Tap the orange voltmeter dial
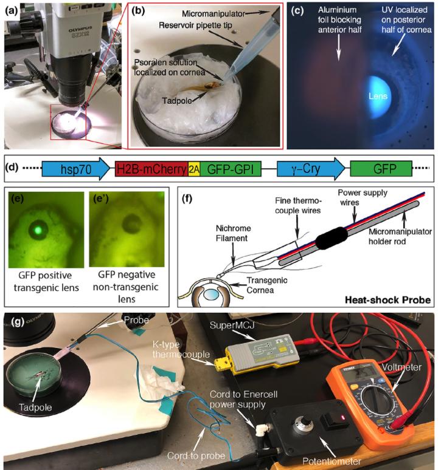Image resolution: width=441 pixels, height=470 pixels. [x=369, y=404]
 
